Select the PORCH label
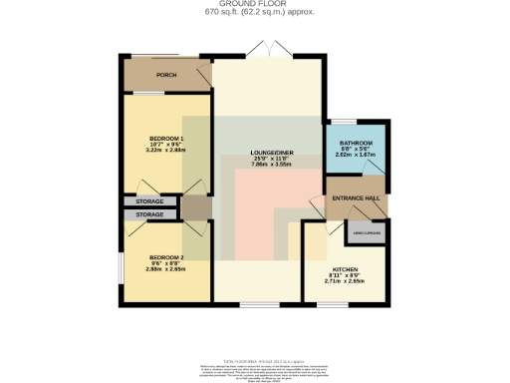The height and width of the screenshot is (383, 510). coord(165,75)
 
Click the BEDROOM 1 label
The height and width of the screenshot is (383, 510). coord(166,137)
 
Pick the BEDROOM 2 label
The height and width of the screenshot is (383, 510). coord(166,256)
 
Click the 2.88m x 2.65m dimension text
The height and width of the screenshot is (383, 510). coord(166,268)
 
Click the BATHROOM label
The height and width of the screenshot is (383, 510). coord(355,143)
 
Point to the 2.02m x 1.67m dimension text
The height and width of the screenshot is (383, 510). coord(355,155)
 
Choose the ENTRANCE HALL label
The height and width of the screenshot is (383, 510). coord(355,198)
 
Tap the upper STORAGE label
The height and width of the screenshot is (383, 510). coord(150,202)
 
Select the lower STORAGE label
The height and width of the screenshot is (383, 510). coord(150,214)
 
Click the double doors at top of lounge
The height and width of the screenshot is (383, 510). coord(266,50)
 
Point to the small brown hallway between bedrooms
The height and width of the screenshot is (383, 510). coord(195,207)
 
